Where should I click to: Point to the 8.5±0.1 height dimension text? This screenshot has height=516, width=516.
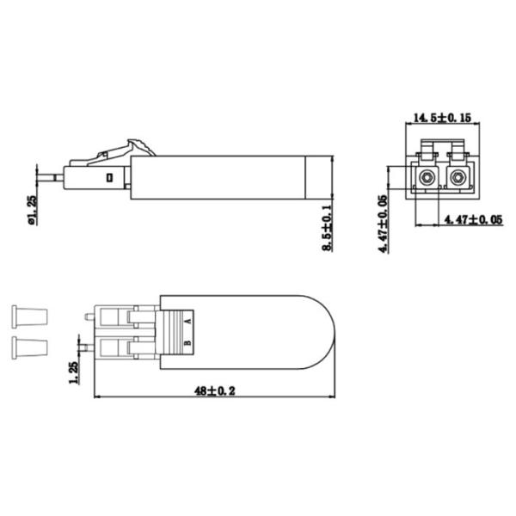328,229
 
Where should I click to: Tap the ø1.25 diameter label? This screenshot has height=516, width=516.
33,211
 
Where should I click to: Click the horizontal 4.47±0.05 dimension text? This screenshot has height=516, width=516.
472,221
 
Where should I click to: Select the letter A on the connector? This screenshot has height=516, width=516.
188,320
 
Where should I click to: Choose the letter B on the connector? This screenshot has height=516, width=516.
188,346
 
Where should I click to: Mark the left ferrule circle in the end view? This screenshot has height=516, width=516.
425,179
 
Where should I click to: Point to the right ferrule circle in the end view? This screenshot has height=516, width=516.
458,179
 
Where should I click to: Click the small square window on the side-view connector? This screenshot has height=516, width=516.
109,178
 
